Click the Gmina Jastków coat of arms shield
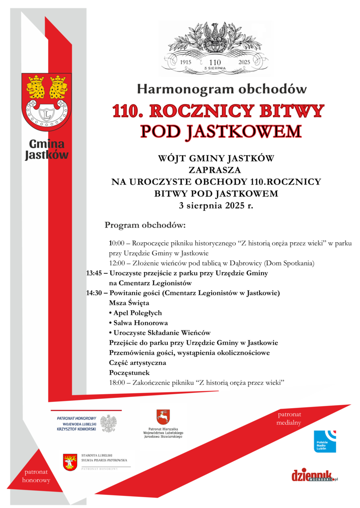pos(47,102)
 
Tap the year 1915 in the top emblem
pos(186,62)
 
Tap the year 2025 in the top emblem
pos(244,62)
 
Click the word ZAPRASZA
pos(215,170)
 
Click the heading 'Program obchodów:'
pos(145,224)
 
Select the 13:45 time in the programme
pos(95,273)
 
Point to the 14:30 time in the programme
pos(95,293)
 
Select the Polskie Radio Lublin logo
pos(324,441)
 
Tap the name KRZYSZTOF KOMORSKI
pos(74,428)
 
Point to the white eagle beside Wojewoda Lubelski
pos(108,423)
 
